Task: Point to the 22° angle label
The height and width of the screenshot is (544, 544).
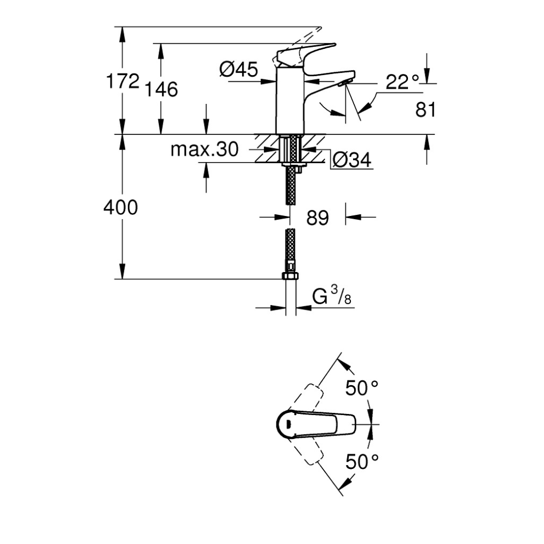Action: (x=403, y=82)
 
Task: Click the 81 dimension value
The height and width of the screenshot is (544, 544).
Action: (x=425, y=110)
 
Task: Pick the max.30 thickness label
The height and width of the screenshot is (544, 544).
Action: (x=204, y=150)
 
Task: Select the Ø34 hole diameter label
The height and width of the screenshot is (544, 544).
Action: (x=351, y=160)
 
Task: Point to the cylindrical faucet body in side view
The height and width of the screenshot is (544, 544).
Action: (x=289, y=101)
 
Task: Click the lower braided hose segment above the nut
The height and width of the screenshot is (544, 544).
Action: (x=290, y=248)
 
